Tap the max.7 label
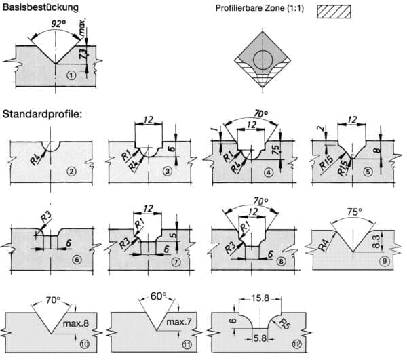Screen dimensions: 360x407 (177, 320)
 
